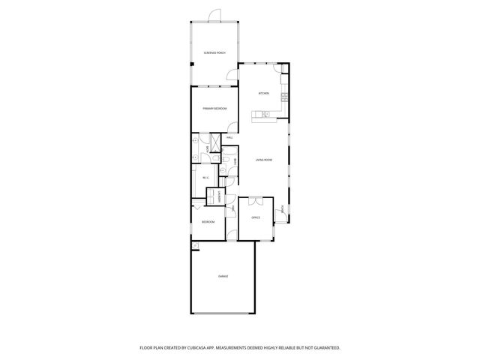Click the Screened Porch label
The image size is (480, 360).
click(214, 52)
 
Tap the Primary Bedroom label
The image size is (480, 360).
click(214, 109)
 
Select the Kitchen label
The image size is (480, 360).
click(263, 94)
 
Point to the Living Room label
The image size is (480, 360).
click(262, 160)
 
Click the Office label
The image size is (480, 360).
click(255, 217)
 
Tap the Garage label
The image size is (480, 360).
click(223, 277)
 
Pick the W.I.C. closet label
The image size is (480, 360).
click(205, 177)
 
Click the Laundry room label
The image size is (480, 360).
click(219, 196)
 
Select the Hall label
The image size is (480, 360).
click(229, 138)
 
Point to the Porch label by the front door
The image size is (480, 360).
click(282, 208)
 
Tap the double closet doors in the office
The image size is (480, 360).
click(256, 201)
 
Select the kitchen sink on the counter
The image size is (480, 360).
click(265, 113)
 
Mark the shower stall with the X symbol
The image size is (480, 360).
click(214, 141)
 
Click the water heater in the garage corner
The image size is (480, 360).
click(194, 246)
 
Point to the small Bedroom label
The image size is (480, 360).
click(208, 222)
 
